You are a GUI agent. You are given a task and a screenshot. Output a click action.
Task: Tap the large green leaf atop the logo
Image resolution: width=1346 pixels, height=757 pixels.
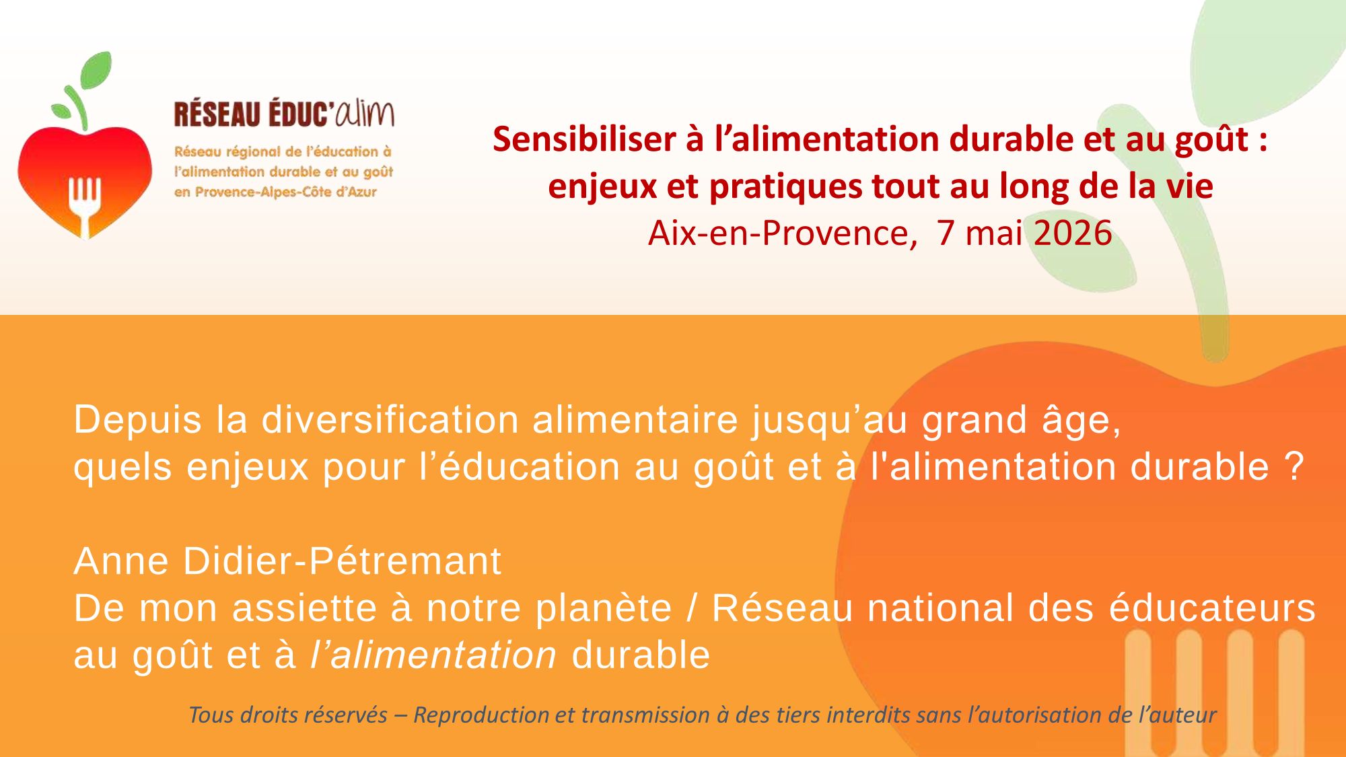coord(96,70)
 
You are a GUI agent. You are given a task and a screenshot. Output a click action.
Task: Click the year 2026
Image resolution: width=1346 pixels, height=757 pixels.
coord(1073,233)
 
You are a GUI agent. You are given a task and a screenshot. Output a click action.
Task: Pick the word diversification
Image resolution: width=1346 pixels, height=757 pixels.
coord(390,420)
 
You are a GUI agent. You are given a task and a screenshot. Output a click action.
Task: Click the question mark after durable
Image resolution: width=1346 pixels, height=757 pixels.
coord(1294,467)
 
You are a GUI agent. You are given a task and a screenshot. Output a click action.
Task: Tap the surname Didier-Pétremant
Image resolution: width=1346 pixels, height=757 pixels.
coord(342,561)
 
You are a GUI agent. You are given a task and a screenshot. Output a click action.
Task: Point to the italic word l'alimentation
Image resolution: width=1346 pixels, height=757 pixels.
coord(433,655)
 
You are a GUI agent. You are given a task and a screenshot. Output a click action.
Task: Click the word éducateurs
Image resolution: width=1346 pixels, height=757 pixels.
coord(1212,608)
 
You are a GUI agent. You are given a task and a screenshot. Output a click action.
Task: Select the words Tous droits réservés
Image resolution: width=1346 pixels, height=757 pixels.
coord(288,715)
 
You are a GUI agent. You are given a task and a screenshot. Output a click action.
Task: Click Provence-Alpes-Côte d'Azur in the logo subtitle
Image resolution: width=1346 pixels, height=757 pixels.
coord(285,192)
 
